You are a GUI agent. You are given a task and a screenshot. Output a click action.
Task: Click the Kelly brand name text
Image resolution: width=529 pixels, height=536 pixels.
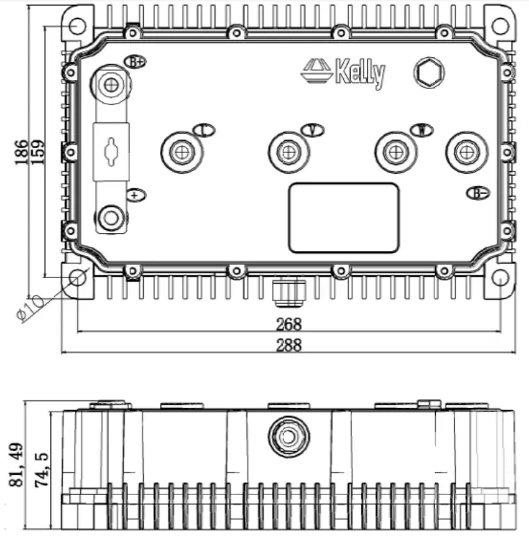click(359, 73)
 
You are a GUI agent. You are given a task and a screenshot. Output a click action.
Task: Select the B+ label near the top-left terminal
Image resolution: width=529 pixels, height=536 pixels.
click(135, 61)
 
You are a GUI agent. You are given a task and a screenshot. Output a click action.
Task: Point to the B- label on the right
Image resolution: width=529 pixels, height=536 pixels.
click(477, 193)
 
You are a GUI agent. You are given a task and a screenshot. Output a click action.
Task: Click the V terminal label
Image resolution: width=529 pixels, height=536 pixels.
click(313, 130)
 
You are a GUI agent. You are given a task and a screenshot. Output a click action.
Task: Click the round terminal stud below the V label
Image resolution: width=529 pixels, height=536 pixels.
click(287, 152)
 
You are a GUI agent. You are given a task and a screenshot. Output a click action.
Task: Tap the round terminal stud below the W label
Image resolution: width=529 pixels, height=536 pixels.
click(395, 152)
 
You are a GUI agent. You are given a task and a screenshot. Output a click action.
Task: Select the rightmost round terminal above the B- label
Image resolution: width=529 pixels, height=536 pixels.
click(465, 152)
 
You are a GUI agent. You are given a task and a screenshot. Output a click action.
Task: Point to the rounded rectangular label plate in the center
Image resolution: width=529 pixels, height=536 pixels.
click(344, 218)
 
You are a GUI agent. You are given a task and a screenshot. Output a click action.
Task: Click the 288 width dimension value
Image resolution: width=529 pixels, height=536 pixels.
click(288, 345)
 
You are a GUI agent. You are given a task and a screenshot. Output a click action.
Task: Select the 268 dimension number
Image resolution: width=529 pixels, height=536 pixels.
click(288, 324)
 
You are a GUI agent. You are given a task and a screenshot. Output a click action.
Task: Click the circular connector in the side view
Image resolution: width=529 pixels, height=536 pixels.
click(288, 437)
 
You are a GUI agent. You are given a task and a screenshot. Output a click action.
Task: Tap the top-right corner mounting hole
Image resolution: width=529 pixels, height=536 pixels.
click(499, 26)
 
